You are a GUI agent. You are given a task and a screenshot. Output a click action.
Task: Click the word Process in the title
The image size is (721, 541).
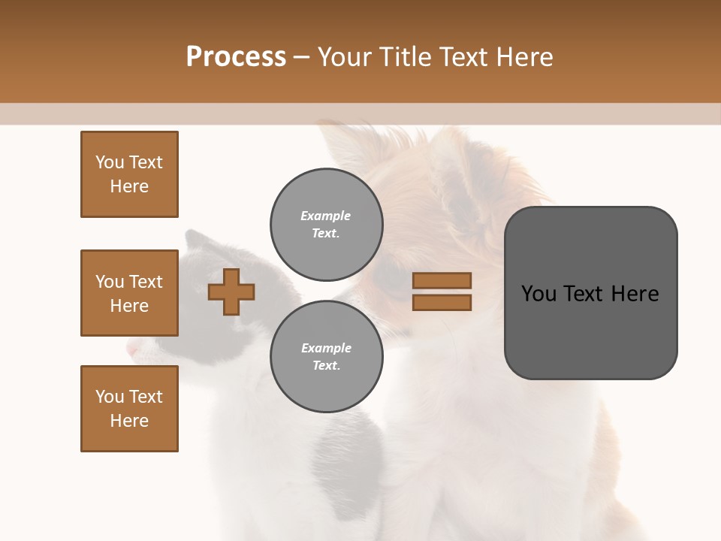pos(236,57)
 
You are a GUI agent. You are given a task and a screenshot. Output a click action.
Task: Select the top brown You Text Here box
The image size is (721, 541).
pos(129,174)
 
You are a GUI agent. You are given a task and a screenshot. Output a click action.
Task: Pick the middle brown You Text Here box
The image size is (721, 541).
pos(129,293)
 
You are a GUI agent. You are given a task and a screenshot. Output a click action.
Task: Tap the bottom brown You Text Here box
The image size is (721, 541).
pos(129,408)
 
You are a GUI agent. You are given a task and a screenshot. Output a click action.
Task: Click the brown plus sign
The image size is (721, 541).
pos(231,292)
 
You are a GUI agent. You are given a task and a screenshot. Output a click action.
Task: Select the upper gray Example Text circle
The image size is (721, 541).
pos(326,224)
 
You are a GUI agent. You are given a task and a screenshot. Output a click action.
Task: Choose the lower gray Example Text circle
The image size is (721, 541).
pos(326,356)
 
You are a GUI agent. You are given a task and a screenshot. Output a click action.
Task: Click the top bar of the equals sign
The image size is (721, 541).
pos(442,280)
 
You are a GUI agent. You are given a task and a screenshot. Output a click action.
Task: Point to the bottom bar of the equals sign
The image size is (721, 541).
pos(442,302)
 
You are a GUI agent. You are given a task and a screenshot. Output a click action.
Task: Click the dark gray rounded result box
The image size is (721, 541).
pos(590,293)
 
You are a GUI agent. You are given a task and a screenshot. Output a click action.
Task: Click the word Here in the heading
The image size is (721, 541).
pos(523,57)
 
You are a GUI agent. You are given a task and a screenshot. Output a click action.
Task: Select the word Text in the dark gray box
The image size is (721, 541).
pos(587,294)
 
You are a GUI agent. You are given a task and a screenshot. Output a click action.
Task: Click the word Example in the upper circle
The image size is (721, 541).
pos(325,216)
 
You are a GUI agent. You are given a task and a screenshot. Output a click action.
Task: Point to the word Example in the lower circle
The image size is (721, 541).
pos(326,348)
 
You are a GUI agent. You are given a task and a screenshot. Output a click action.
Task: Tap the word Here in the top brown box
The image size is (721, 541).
pos(129,186)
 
